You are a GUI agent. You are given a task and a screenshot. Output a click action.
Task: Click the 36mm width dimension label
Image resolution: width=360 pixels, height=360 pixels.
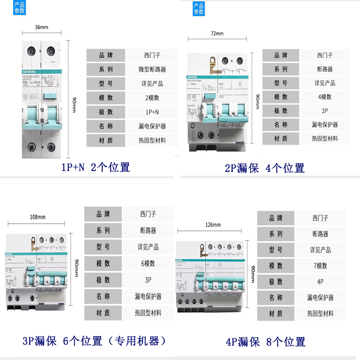[41, 27]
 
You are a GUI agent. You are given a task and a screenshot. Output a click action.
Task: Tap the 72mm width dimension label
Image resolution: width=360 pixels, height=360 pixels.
[217, 34]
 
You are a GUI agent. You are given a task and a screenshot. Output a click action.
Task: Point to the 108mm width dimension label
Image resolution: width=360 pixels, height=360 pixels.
[37, 217]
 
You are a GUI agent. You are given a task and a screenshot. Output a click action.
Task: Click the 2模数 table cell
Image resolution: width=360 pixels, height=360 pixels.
[152, 98]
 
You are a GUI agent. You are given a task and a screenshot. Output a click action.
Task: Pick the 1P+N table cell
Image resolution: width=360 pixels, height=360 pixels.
[152, 112]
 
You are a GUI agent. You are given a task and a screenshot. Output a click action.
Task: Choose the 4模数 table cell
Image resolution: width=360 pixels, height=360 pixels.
[324, 97]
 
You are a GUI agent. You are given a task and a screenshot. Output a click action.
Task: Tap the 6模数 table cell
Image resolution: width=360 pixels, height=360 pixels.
[148, 264]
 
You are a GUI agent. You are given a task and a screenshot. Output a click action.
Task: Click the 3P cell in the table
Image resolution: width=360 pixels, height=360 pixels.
[148, 280]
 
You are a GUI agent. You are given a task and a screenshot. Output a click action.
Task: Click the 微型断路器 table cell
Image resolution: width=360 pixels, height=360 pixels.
[152, 69]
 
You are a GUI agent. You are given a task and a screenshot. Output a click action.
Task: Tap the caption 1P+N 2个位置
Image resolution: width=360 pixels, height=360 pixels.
[95, 168]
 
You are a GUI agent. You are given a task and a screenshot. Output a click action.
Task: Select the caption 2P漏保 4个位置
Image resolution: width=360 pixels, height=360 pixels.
[265, 168]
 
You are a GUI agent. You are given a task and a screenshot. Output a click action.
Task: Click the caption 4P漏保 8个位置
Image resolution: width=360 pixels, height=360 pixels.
[265, 342]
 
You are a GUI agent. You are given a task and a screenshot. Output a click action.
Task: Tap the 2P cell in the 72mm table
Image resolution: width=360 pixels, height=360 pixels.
[324, 111]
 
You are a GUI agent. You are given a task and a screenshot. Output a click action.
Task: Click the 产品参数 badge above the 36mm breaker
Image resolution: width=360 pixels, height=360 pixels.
[19, 8]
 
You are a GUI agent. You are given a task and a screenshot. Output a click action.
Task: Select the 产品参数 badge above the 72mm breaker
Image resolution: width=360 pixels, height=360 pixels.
[198, 9]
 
